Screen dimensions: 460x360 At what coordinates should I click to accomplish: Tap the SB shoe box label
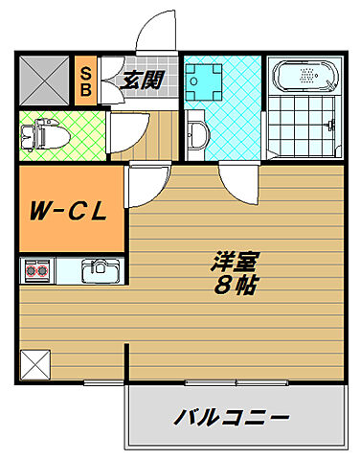[x=85, y=80]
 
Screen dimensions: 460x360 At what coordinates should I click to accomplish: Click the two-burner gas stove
[x=35, y=270]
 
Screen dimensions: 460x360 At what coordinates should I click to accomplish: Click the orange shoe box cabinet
[x=85, y=80]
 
